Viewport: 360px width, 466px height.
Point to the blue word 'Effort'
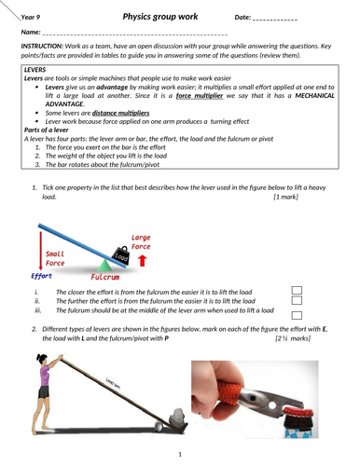41,276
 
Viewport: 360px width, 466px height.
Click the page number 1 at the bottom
178,454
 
